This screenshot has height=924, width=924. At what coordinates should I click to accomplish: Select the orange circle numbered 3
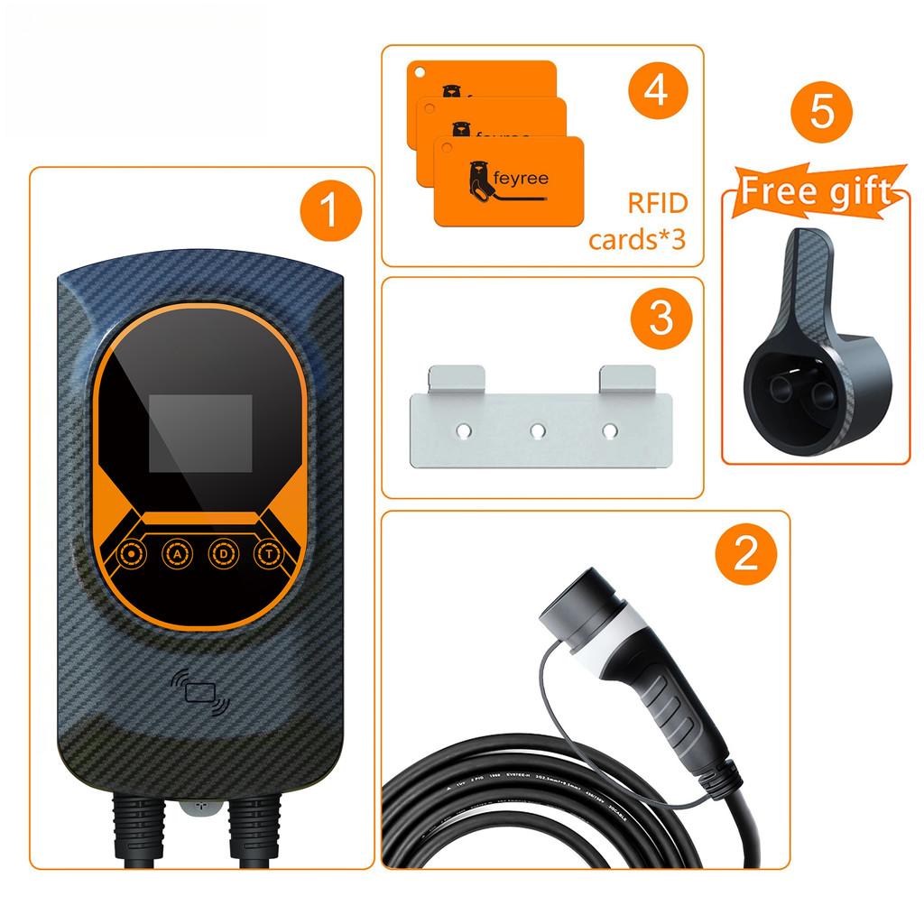[x=661, y=318]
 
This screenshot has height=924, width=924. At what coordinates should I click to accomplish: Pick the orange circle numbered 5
[x=820, y=113]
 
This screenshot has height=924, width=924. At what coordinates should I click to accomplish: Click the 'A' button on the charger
[x=177, y=552]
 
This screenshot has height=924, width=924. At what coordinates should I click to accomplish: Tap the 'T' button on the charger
[x=268, y=552]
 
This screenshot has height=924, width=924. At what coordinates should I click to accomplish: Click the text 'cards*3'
[x=638, y=241]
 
